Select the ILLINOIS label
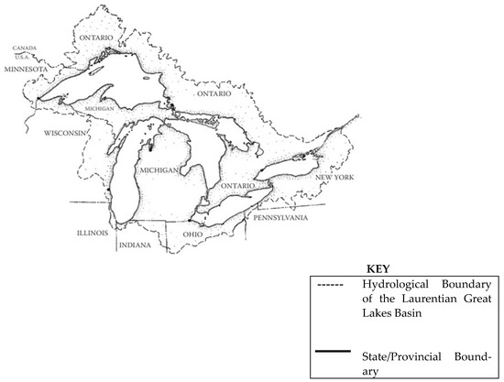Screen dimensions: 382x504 pos(93,233)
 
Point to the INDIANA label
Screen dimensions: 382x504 pos(136,246)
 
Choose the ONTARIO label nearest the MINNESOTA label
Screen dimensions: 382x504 pos(94,38)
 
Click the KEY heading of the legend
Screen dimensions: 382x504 pos(378,270)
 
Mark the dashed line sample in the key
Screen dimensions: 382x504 pos(333,286)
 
